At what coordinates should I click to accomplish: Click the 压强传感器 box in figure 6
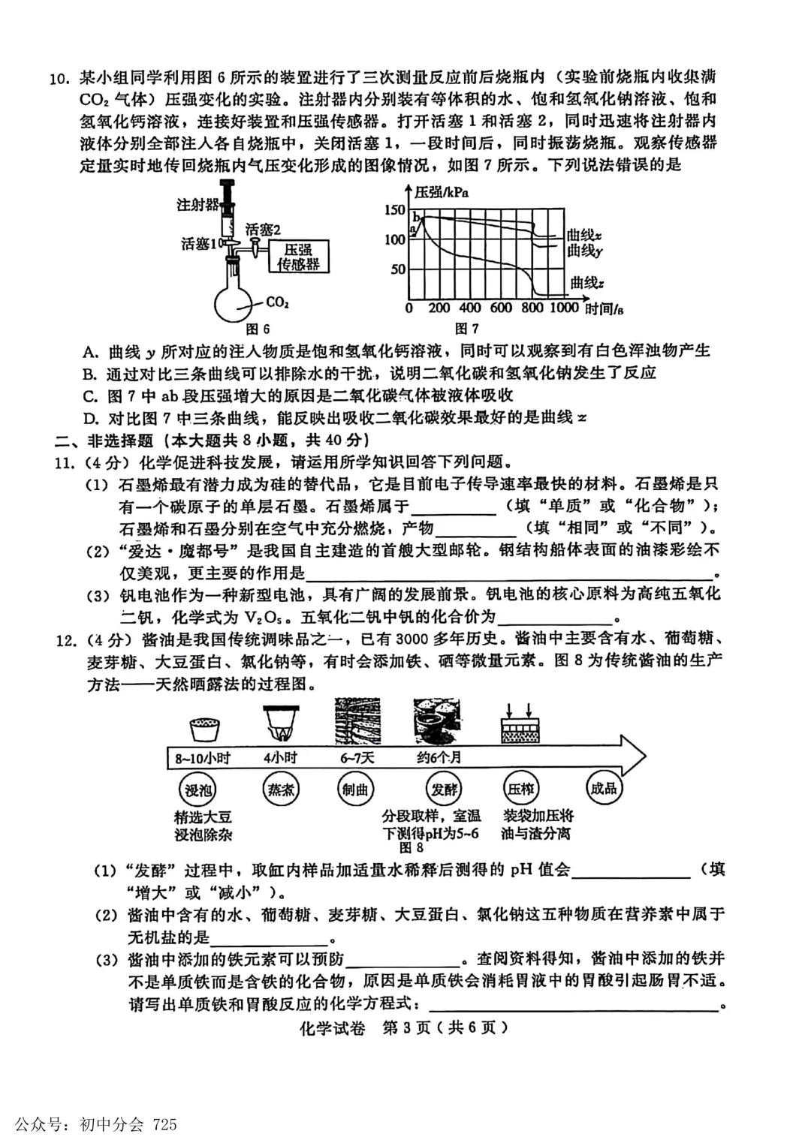[x=298, y=257]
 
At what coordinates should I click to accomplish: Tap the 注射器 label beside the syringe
[x=197, y=204]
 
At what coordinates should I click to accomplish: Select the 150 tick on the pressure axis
[x=394, y=210]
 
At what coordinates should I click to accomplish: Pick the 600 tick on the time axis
[x=500, y=308]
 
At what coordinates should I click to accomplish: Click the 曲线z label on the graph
[x=586, y=283]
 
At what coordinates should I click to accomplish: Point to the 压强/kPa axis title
[x=442, y=192]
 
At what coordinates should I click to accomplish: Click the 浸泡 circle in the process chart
[x=199, y=790]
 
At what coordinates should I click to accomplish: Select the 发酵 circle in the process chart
[x=443, y=790]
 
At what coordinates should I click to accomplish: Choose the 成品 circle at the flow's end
[x=603, y=788]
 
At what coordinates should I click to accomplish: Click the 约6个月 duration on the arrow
[x=439, y=758]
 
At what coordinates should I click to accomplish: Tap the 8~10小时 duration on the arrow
[x=203, y=758]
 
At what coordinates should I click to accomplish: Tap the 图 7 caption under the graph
[x=466, y=329]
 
